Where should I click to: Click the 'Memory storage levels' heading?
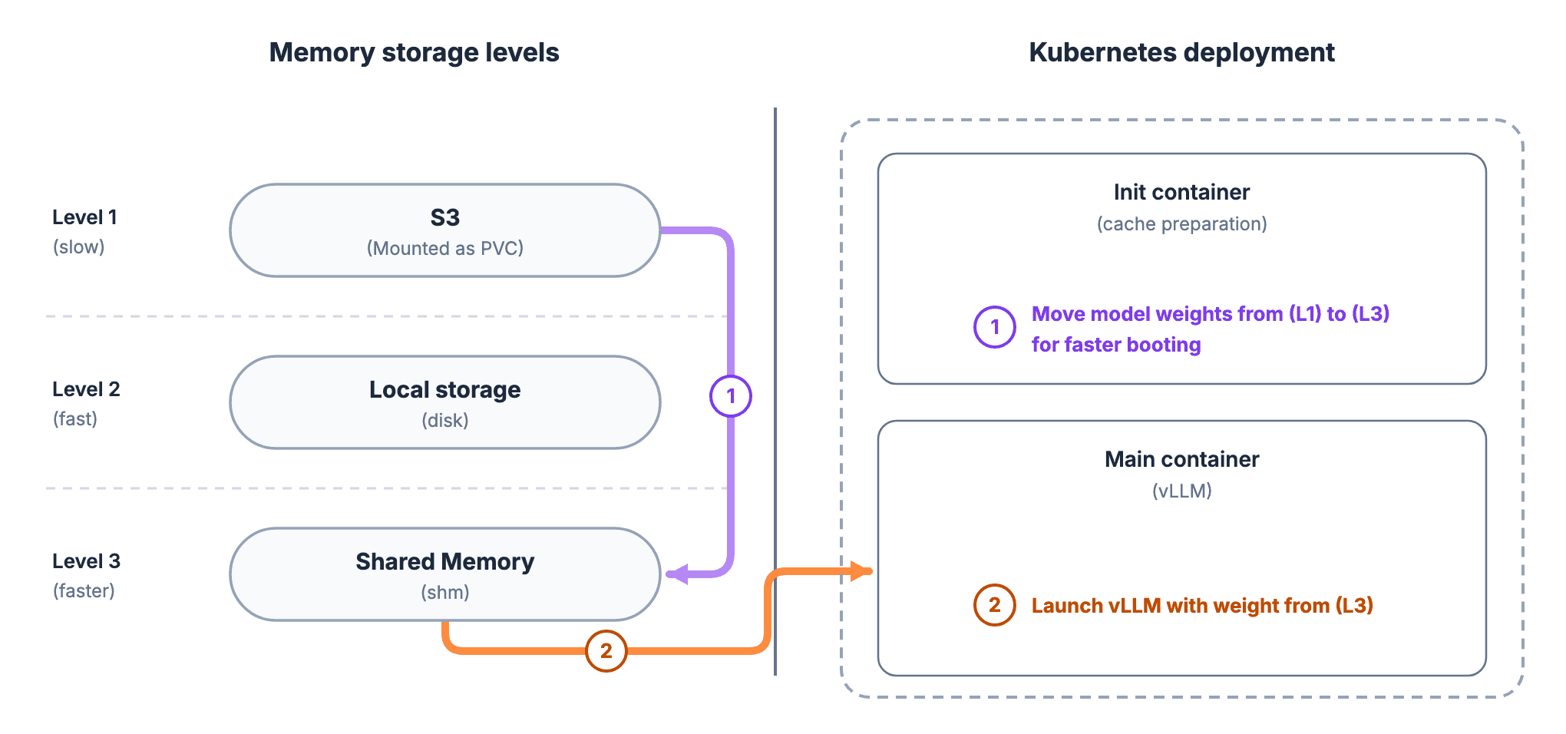pyautogui.click(x=414, y=53)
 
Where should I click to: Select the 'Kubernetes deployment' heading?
pyautogui.click(x=1181, y=53)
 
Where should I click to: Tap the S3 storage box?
pyautogui.click(x=445, y=230)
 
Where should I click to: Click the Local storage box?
pyautogui.click(x=445, y=402)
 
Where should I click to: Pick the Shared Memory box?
pyautogui.click(x=445, y=574)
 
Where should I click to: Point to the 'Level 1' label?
pyautogui.click(x=84, y=217)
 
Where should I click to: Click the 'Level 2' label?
pyautogui.click(x=86, y=389)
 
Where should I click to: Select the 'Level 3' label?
pyautogui.click(x=86, y=561)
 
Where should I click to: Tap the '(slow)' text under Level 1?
pyautogui.click(x=78, y=247)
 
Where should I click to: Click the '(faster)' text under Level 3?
pyautogui.click(x=84, y=591)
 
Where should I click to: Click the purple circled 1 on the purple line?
pyautogui.click(x=731, y=396)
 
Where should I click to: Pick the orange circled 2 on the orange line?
pyautogui.click(x=606, y=651)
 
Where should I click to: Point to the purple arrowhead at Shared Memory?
pyautogui.click(x=676, y=574)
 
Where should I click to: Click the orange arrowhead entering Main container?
pyautogui.click(x=862, y=571)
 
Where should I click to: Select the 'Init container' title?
pyautogui.click(x=1181, y=192)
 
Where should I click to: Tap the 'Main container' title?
pyautogui.click(x=1181, y=459)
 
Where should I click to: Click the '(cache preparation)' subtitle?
pyautogui.click(x=1181, y=224)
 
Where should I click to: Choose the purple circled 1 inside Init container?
pyautogui.click(x=995, y=327)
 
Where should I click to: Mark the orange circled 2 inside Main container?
pyautogui.click(x=995, y=605)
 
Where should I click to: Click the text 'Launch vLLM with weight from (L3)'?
pyautogui.click(x=1202, y=606)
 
